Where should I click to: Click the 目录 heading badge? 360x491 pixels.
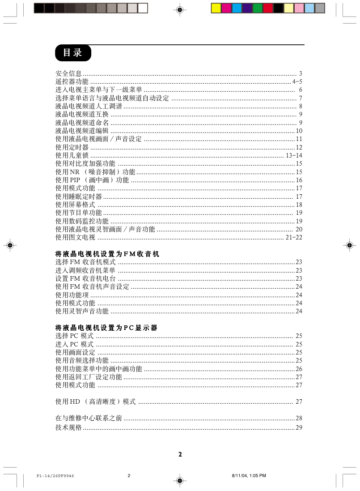coord(73,53)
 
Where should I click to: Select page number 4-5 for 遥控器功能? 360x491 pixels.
coord(297,82)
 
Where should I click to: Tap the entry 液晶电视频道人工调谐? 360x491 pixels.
coord(89,107)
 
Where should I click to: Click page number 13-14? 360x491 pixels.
coord(294,156)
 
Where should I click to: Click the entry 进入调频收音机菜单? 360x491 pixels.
coord(85,271)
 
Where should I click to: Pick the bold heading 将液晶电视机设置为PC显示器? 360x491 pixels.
coord(106,328)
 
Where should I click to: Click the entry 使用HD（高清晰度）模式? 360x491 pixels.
coord(95,401)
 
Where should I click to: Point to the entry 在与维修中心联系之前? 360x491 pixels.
coord(89,418)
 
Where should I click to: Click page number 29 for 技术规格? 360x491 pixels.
coord(299,428)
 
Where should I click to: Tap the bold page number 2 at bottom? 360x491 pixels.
coord(180,454)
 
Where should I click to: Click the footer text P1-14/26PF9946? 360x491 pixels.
coord(55,476)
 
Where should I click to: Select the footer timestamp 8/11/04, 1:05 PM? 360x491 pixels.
coord(249,476)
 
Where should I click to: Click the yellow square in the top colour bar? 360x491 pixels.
coord(216,8)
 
